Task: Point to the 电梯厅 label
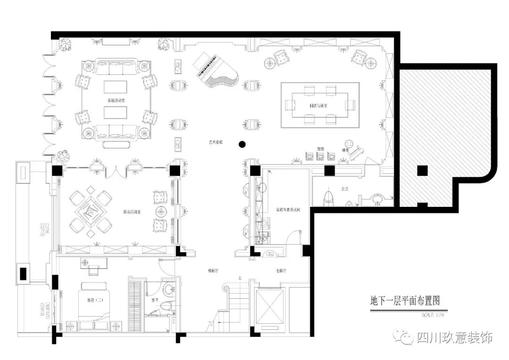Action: (282, 271)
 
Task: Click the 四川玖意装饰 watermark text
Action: (454, 337)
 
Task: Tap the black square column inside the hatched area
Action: (422, 171)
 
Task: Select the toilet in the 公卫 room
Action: (329, 198)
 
